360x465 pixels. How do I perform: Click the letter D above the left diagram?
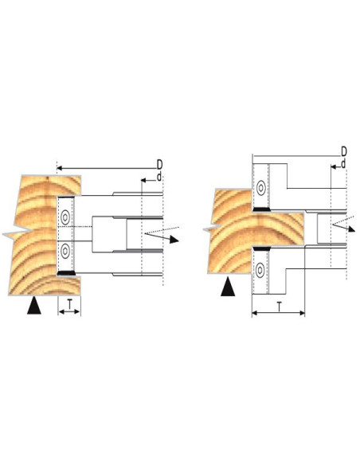tap(160, 164)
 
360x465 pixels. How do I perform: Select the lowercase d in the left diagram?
tap(159, 177)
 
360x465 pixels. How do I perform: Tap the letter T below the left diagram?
tap(69, 304)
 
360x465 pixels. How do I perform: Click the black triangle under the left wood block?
tap(34, 305)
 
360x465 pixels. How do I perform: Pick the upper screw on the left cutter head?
tap(65, 217)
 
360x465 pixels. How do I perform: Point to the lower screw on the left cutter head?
tap(65, 251)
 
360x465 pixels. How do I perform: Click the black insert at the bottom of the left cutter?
tap(66, 273)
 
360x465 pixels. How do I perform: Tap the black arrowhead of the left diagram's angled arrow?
tap(174, 240)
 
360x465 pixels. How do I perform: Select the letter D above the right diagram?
tap(344, 151)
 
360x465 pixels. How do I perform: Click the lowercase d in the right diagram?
tap(343, 164)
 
